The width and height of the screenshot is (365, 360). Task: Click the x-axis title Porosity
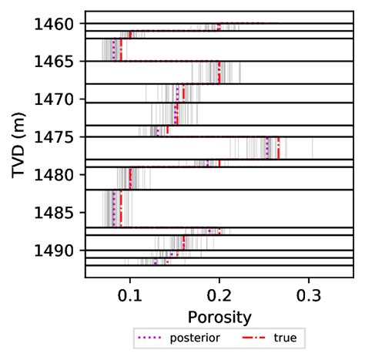(219, 316)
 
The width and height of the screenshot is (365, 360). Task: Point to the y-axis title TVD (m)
(21, 144)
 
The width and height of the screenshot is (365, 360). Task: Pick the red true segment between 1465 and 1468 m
(219, 72)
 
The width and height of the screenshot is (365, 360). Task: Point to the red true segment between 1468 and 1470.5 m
(183, 93)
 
